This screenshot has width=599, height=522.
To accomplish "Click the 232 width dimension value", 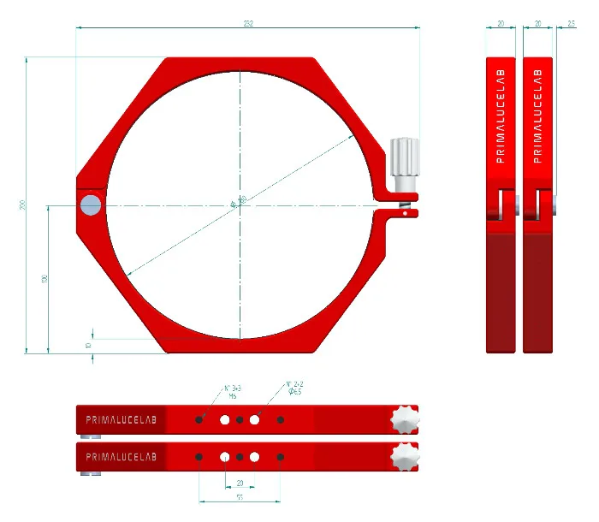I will (247, 22).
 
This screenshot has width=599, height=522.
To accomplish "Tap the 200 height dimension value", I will (21, 205).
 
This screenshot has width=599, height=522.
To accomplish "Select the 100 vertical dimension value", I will (44, 278).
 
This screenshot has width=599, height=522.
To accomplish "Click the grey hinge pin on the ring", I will (90, 204).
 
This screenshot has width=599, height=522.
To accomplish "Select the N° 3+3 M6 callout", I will (232, 392).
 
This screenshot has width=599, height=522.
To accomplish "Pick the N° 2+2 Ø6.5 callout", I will (294, 387).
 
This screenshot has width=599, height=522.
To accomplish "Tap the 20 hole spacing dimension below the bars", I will (240, 482).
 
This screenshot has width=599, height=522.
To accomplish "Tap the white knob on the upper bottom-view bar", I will (405, 419).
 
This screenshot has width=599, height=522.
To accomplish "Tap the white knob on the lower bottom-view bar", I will (405, 456).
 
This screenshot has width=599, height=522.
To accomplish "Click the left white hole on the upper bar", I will (225, 419).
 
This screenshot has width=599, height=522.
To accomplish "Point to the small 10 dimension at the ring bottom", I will (88, 344).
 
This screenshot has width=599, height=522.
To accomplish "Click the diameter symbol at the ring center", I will (234, 204).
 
